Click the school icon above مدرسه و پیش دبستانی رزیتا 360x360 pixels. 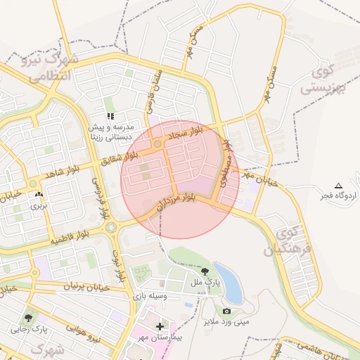coord(110,116)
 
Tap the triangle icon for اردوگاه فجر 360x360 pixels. coord(339,185)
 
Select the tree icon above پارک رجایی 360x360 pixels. coord(29,318)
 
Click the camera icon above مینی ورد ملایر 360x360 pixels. coord(226,311)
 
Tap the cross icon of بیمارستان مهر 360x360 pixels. coord(160,326)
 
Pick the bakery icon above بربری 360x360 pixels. coord(38,195)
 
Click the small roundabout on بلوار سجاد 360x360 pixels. coord(158,144)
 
